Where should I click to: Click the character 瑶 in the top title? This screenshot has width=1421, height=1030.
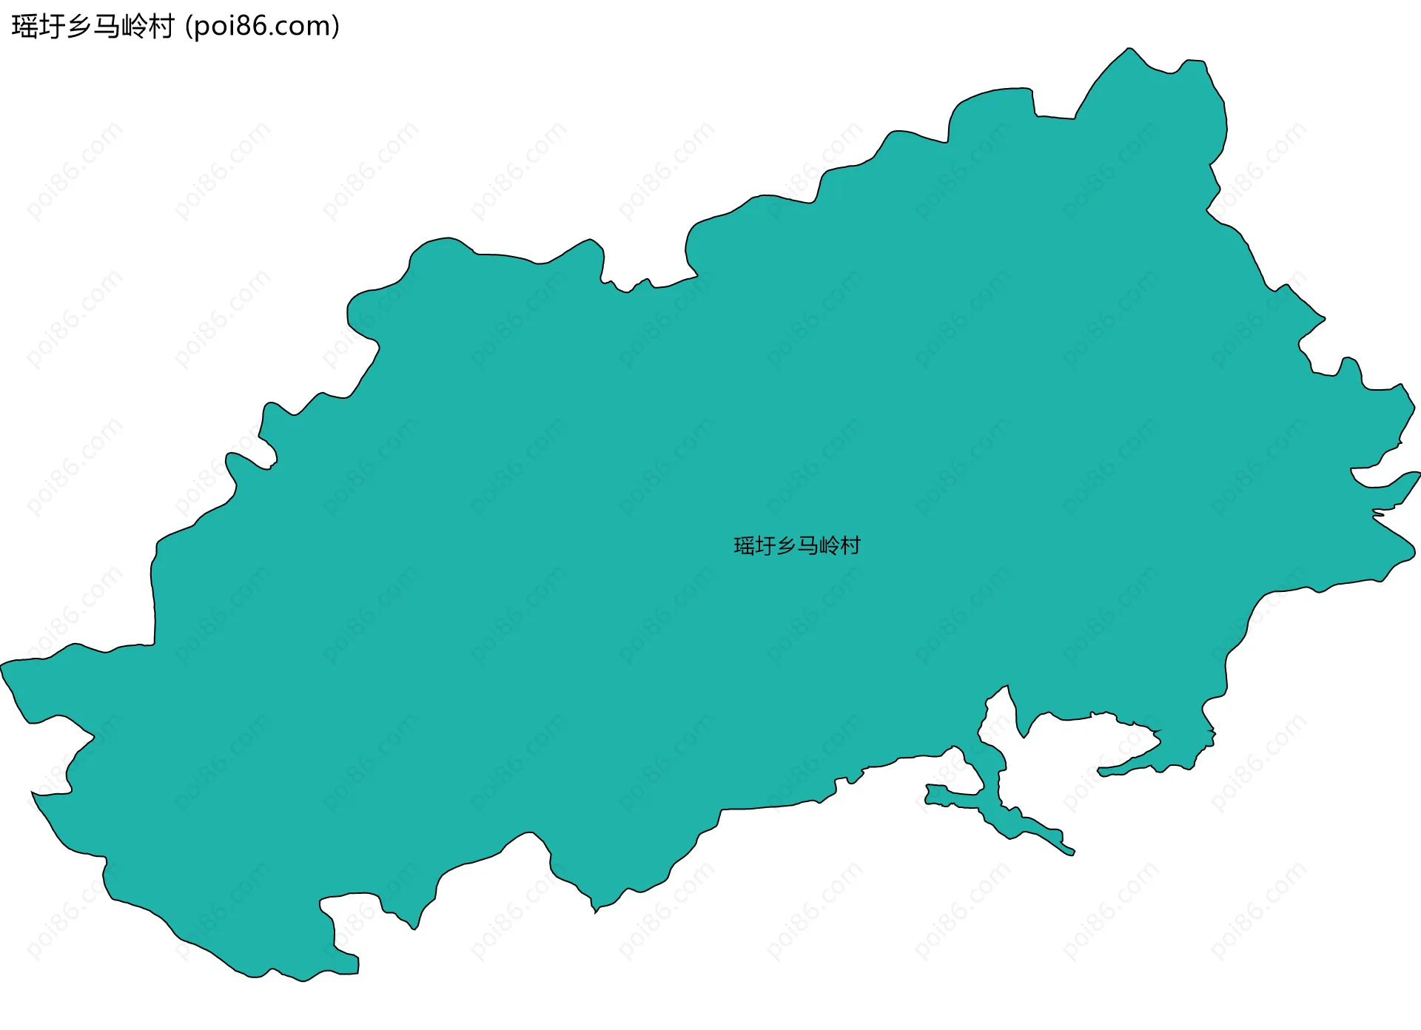[x=25, y=27]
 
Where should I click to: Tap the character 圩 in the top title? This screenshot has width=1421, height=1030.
[x=53, y=27]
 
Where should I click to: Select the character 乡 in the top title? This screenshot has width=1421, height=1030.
[x=79, y=27]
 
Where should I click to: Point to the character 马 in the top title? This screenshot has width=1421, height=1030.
[x=107, y=27]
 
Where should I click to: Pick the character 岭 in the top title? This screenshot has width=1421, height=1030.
[x=134, y=27]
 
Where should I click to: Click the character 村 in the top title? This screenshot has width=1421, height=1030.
[x=161, y=27]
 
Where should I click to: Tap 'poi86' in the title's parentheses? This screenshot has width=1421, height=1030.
[x=229, y=27]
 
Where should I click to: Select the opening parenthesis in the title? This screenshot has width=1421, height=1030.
[x=189, y=27]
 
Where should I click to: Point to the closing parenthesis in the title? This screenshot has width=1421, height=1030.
[x=335, y=27]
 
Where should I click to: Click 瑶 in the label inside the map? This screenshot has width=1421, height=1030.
[x=744, y=546]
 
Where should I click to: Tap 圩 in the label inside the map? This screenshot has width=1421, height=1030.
[x=765, y=546]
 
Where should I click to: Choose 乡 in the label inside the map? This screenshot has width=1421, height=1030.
[x=786, y=546]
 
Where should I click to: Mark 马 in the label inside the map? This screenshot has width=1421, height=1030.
[x=807, y=546]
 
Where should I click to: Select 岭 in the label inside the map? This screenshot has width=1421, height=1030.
[x=829, y=546]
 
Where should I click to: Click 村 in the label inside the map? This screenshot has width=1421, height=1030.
[x=850, y=546]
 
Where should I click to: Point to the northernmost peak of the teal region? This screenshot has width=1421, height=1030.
[x=1129, y=50]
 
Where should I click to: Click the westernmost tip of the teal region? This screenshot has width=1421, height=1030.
[x=2, y=664]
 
